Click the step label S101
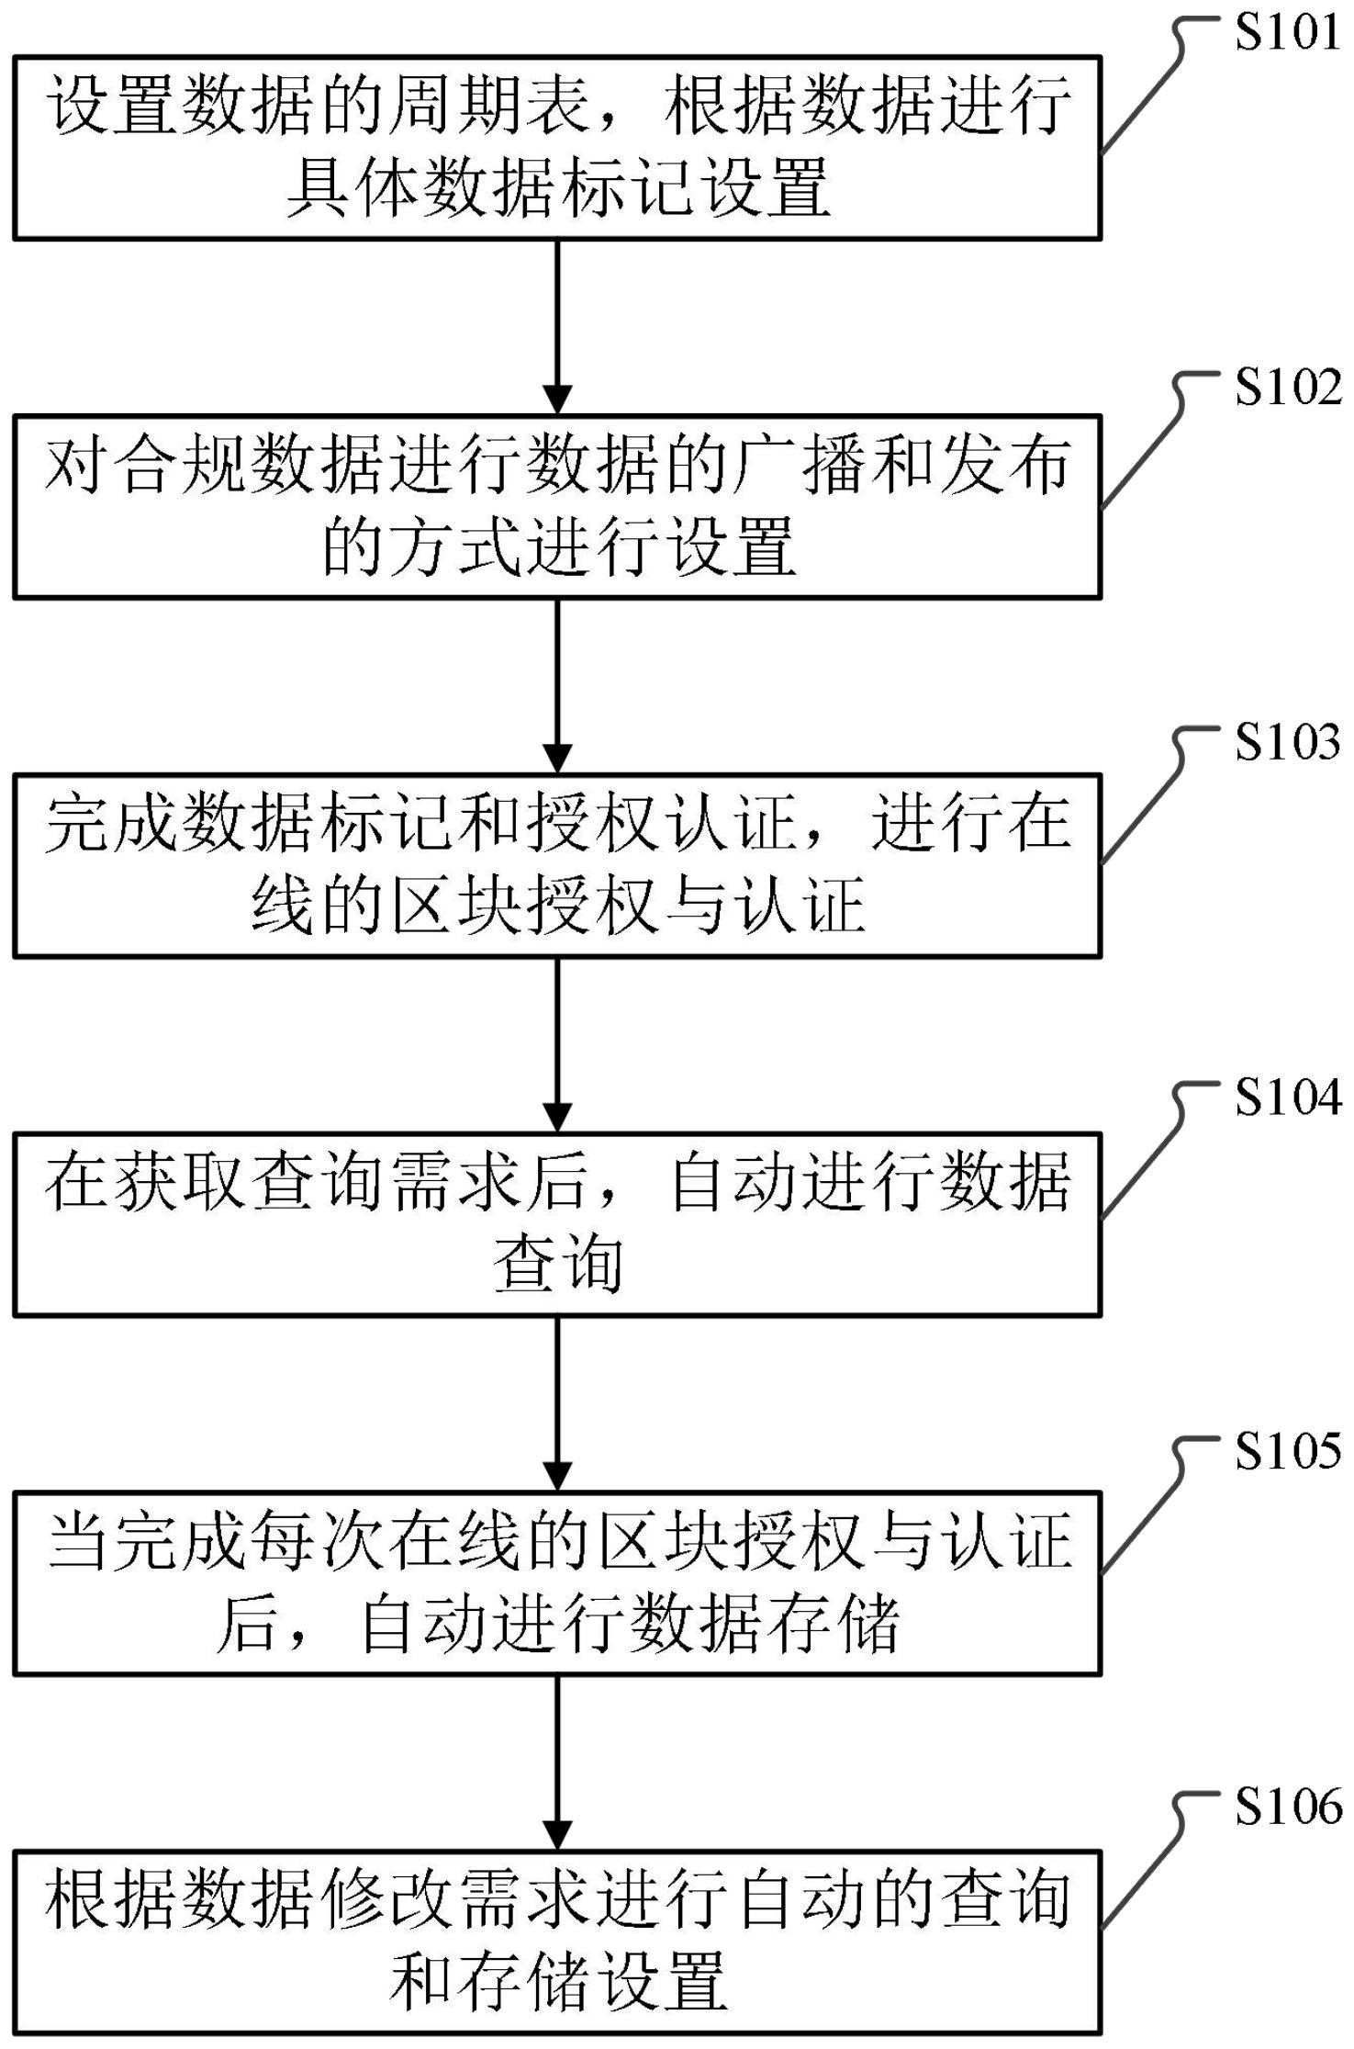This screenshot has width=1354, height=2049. pos(1287,32)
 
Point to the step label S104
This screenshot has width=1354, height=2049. pos(1287,1098)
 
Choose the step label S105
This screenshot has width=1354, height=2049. pos(1287,1451)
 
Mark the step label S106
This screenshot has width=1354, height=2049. pos(1287,1807)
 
